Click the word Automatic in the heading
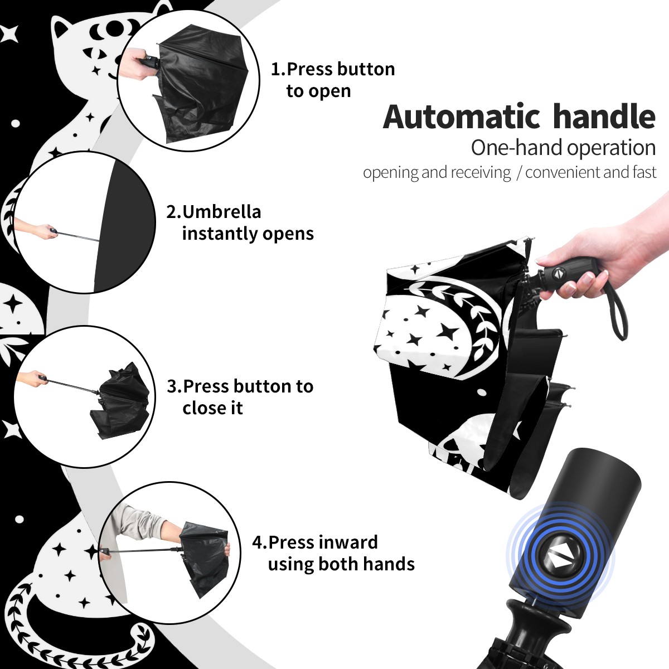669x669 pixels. (462, 117)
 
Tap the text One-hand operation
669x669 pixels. (563, 148)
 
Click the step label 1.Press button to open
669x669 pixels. (333, 80)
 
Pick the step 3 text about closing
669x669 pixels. (240, 397)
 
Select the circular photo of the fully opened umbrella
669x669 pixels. (84, 222)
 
